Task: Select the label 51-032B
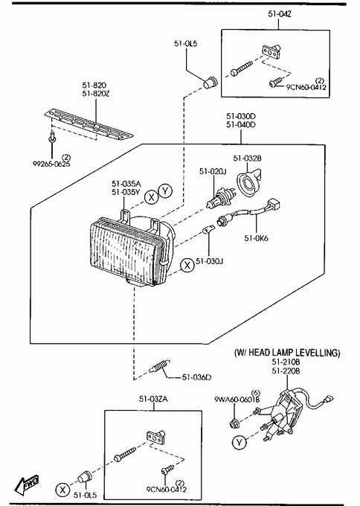tap(248, 158)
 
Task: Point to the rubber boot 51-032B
tap(248, 182)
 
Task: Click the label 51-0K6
tap(256, 238)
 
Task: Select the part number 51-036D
tap(197, 377)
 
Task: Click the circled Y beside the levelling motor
tap(239, 442)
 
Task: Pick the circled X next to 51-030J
tap(187, 265)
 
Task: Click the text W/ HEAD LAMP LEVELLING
tap(287, 353)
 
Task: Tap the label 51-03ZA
tap(153, 399)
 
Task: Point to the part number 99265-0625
tap(51, 164)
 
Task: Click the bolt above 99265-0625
tap(51, 137)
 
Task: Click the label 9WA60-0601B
tap(237, 400)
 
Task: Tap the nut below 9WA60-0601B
tap(234, 424)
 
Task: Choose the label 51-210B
tap(286, 362)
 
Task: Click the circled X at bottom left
tap(62, 490)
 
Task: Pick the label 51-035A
tap(126, 184)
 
